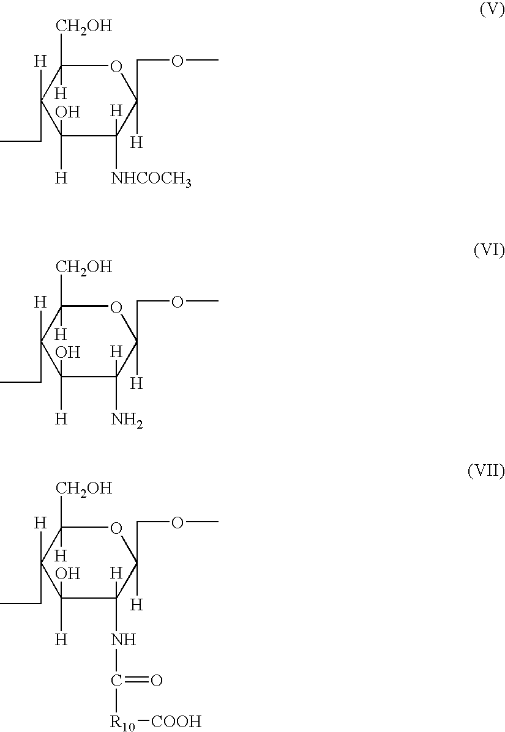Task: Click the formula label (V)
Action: [492, 12]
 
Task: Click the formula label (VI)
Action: [489, 251]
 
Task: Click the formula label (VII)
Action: [486, 471]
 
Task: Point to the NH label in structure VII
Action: [123, 640]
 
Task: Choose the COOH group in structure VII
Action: [176, 722]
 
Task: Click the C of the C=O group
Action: [116, 681]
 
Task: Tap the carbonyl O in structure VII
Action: [156, 680]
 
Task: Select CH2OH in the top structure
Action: [84, 27]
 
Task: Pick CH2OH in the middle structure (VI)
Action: [84, 267]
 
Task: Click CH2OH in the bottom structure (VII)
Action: [84, 487]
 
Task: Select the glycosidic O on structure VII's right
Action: [177, 522]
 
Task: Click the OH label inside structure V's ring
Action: [67, 112]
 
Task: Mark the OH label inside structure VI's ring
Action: [67, 352]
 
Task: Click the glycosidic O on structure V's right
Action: [177, 61]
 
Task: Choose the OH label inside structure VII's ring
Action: [67, 573]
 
